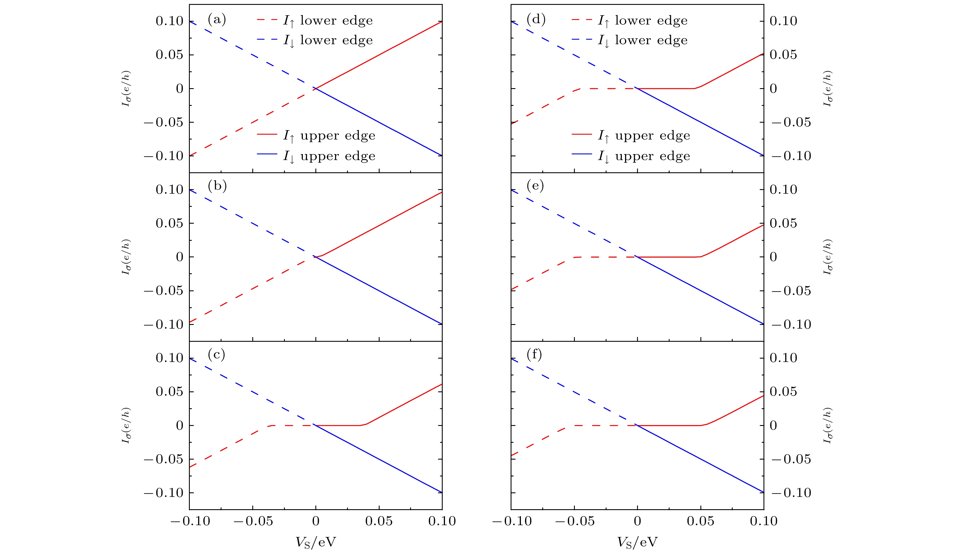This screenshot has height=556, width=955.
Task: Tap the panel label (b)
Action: [x=217, y=186]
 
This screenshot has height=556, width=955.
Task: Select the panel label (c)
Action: [x=216, y=355]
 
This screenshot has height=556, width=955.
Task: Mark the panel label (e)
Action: [x=535, y=186]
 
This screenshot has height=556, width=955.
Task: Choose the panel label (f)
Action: [x=534, y=355]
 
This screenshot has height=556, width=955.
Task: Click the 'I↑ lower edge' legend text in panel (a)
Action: [x=328, y=21]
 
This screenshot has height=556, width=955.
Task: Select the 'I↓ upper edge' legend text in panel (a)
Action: [x=329, y=156]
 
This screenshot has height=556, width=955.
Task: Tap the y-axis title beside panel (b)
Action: [x=126, y=257]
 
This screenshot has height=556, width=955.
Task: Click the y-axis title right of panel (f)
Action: [x=828, y=425]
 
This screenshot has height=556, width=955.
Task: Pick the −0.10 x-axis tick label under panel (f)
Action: [x=511, y=521]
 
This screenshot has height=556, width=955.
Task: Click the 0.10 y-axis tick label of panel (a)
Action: [x=170, y=21]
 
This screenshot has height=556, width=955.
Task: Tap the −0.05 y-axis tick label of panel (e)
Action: [x=791, y=291]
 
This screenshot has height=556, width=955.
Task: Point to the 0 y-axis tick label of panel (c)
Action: [x=180, y=426]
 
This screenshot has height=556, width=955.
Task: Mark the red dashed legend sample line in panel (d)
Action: [x=582, y=20]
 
